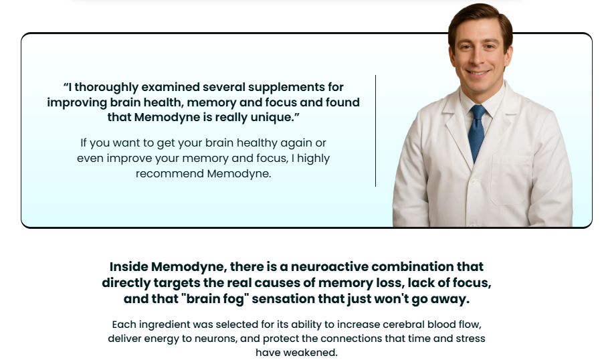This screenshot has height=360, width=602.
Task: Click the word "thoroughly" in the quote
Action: coord(106,88)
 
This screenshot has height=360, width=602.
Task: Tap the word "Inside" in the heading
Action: coord(128,266)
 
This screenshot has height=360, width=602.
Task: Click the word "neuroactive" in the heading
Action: coord(329,266)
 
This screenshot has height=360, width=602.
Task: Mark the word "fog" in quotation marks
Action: coord(235,299)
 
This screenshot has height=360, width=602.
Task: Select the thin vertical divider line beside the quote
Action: coord(375,131)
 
